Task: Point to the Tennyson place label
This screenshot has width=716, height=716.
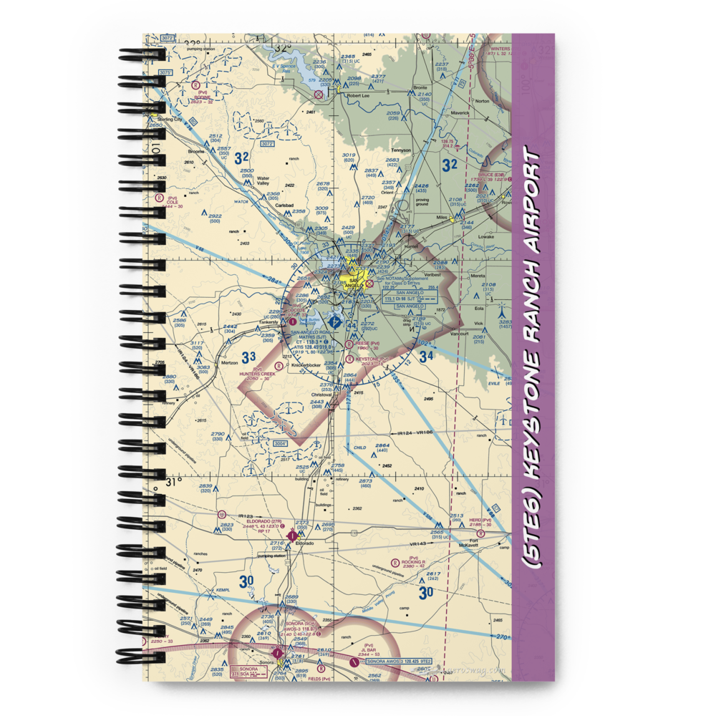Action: (x=401, y=150)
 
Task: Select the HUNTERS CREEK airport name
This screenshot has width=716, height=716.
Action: (x=258, y=374)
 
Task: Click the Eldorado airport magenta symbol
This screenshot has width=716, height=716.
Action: (x=291, y=534)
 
